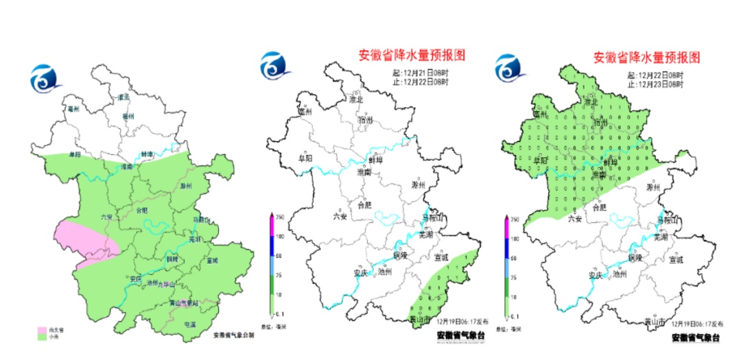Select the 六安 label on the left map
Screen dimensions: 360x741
point(106,217)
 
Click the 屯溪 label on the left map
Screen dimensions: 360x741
point(188,324)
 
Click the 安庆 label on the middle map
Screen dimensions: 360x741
point(360,273)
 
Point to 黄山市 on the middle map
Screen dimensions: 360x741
point(419,320)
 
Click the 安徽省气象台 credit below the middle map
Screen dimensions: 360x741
point(460,337)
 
